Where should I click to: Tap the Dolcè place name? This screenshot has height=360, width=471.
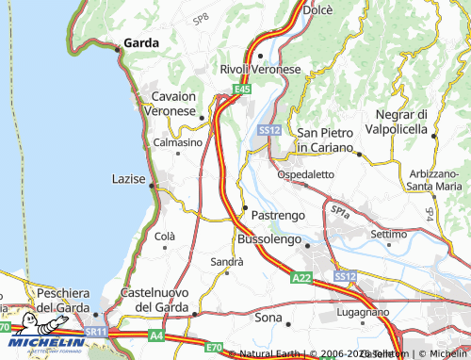318,9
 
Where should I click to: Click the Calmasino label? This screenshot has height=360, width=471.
177,142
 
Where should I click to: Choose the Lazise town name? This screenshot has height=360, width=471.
128,177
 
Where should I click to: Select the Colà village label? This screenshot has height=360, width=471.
165,237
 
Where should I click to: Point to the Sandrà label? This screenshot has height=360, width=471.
226,260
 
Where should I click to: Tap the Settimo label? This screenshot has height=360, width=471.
388,233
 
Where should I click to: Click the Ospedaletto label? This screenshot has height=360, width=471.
305,174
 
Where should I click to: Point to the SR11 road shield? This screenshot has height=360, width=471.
96,333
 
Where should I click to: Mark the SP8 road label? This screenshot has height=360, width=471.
202,19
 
